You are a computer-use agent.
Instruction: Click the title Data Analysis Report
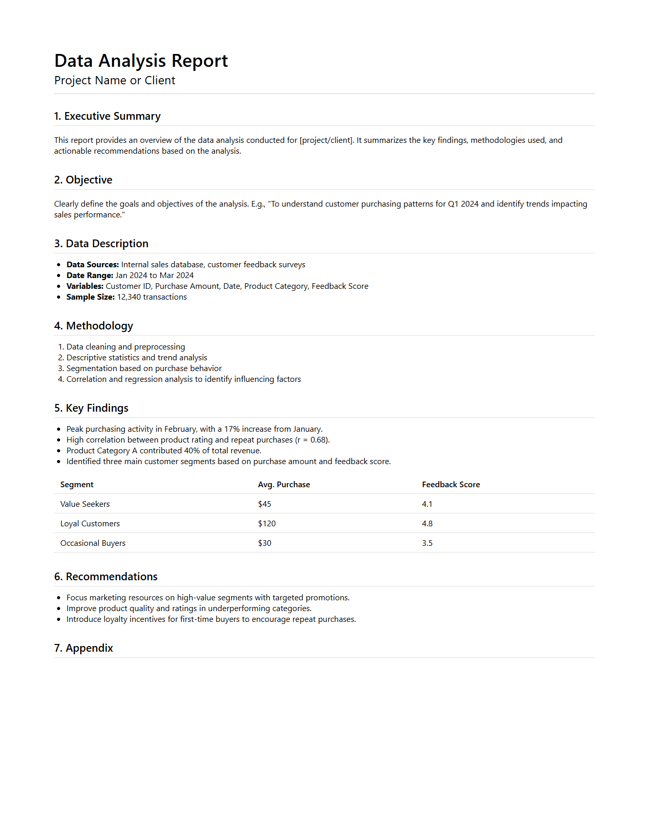click(x=141, y=61)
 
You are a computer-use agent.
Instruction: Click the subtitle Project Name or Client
click(x=115, y=81)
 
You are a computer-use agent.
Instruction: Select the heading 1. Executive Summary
click(x=107, y=116)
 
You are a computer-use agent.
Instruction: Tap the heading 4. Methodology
click(x=94, y=326)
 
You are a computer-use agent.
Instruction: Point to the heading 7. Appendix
click(x=84, y=648)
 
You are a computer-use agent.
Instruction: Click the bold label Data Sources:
click(x=92, y=265)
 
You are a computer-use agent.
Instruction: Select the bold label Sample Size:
click(x=90, y=297)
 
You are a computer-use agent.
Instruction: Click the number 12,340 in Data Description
click(x=129, y=297)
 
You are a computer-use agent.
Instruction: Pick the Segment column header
click(x=77, y=485)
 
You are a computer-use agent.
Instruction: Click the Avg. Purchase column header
click(x=284, y=485)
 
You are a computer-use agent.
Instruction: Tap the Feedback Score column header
click(x=451, y=485)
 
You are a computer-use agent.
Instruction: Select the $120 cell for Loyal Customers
click(x=267, y=524)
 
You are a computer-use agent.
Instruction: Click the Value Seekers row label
click(x=85, y=504)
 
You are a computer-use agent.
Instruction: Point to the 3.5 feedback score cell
click(x=427, y=543)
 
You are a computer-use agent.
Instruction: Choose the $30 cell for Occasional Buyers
click(x=265, y=543)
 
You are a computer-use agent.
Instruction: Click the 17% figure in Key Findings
click(x=232, y=429)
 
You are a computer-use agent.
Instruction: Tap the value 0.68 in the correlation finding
click(x=318, y=440)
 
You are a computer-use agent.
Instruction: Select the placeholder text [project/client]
click(x=326, y=140)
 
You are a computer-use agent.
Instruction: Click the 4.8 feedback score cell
click(x=427, y=524)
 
